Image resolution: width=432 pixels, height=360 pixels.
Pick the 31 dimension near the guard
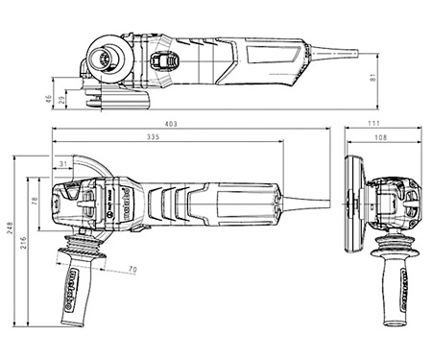point(64,165)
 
